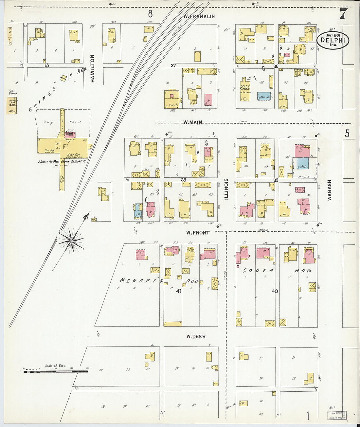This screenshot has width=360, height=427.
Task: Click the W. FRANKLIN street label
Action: point(199,16)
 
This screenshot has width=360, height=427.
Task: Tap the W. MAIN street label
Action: point(192,122)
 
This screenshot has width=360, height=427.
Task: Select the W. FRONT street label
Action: point(198,233)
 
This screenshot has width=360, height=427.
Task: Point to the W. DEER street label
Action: point(196,336)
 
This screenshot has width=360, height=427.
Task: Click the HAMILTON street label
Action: point(93,68)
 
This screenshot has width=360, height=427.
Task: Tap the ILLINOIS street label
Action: point(226,189)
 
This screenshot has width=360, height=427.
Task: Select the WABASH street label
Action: point(330,190)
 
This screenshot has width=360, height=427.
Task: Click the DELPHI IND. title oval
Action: point(333,41)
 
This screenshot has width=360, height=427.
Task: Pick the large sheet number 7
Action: point(343,14)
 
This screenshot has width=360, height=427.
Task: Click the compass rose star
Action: point(71,241)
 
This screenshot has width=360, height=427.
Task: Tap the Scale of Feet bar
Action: point(56,371)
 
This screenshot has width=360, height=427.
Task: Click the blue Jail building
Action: point(303,163)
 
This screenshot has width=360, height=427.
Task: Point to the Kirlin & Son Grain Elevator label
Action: point(62,161)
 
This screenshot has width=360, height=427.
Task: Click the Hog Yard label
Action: point(62,122)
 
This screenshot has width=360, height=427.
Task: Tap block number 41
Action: point(178,291)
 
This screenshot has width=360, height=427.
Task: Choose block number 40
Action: point(275,291)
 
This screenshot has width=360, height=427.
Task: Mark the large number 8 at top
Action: point(150,14)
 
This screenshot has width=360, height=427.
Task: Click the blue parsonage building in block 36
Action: point(265,96)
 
